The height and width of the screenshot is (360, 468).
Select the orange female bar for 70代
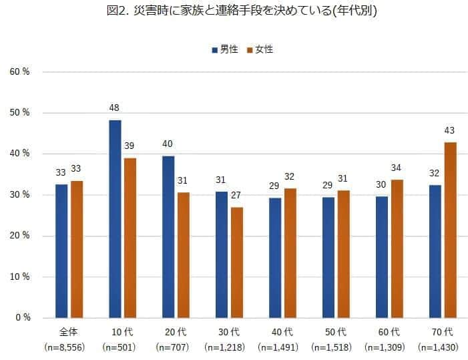[450, 230]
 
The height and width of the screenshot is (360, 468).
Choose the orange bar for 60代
[397, 248]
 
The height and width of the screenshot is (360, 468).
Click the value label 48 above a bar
[115, 108]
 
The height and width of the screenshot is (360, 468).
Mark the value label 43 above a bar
[450, 130]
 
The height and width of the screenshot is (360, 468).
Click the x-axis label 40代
[283, 331]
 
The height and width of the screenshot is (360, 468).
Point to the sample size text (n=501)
[118, 347]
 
